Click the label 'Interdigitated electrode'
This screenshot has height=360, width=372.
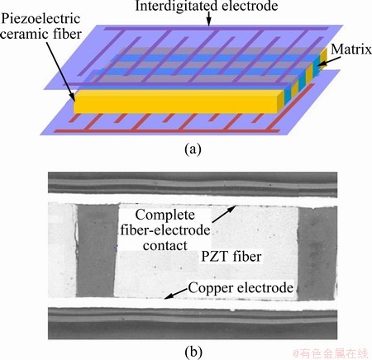tap(207, 6)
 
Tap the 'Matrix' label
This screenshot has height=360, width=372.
tap(351, 50)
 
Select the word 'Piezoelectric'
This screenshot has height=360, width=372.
tap(41, 19)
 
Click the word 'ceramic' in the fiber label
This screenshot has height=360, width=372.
tap(24, 34)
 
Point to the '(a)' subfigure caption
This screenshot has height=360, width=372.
tap(193, 149)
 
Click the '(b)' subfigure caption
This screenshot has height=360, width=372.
tap(193, 352)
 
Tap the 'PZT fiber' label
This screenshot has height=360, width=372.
tap(231, 257)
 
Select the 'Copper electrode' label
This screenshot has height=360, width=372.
tap(241, 288)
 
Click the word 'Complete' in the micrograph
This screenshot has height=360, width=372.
tap(165, 215)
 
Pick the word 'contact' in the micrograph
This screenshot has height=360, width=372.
tap(165, 245)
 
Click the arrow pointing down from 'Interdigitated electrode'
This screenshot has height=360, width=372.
tap(209, 19)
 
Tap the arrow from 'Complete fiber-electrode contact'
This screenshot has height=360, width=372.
tap(224, 214)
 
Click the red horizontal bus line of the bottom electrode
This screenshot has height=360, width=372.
tap(163, 130)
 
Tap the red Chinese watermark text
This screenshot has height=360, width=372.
tap(331, 353)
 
